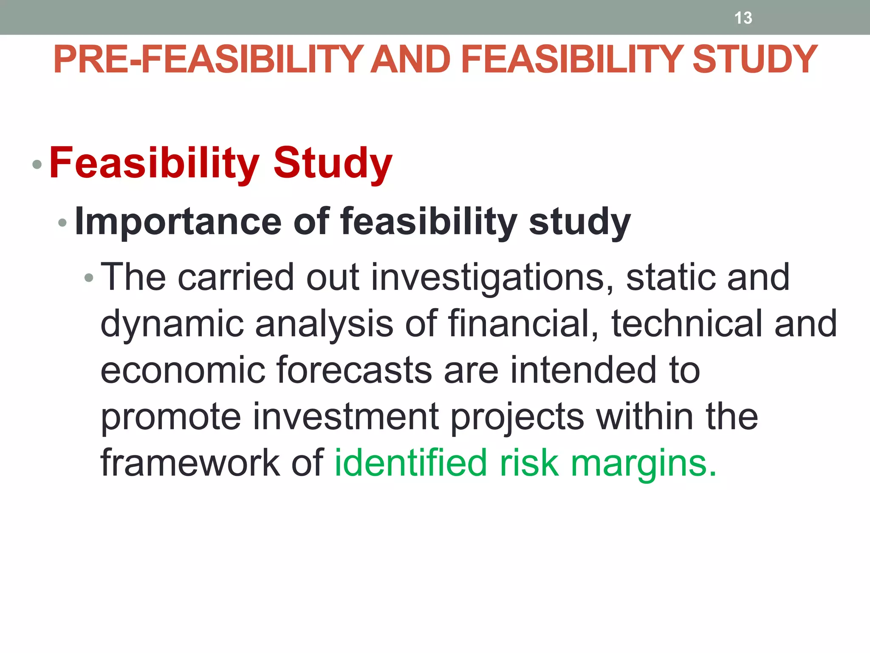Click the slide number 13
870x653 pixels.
743,18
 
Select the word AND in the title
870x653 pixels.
410,60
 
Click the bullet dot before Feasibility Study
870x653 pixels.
37,164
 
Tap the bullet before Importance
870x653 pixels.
62,222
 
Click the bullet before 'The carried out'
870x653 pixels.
88,278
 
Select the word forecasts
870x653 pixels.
354,370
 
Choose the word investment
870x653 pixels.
346,417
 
